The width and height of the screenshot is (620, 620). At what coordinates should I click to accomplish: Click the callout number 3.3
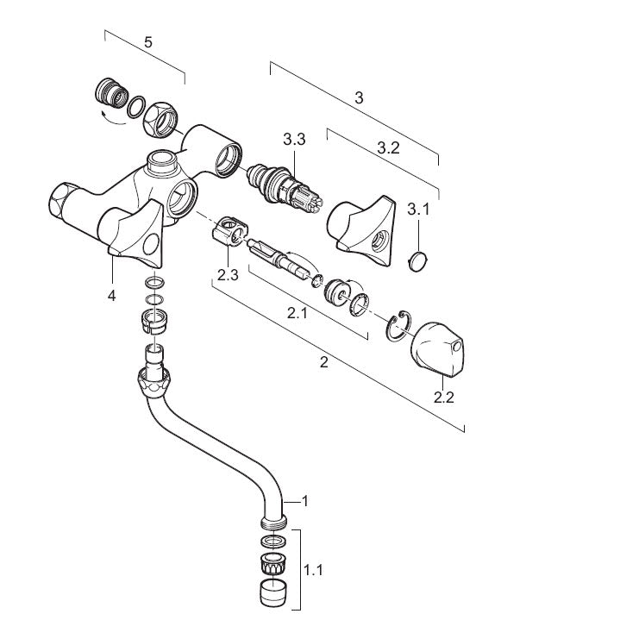(x=294, y=140)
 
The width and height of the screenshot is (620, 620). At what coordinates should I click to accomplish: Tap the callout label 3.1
(x=418, y=209)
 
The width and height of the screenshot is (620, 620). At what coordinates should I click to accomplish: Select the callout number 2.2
(x=444, y=398)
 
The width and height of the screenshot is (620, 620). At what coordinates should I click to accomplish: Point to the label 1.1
(x=313, y=570)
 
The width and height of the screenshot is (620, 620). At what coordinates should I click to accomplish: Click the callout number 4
(x=112, y=296)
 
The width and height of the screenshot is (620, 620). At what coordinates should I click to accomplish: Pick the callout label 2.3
(x=229, y=275)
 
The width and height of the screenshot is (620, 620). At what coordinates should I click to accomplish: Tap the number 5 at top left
(x=147, y=42)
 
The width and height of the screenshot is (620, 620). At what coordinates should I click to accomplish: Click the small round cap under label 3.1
(x=417, y=260)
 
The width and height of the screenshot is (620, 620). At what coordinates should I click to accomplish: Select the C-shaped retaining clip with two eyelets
(x=398, y=326)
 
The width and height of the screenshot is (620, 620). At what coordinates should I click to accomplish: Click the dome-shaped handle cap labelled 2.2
(x=437, y=350)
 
